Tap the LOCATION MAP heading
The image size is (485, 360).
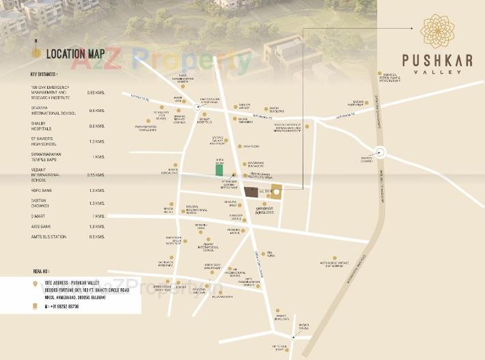click(75, 53)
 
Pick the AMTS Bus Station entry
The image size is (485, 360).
click(47, 236)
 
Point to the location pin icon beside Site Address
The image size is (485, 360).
click(35, 281)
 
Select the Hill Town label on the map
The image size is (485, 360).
click(271, 253)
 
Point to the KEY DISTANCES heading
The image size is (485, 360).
click(44, 74)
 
